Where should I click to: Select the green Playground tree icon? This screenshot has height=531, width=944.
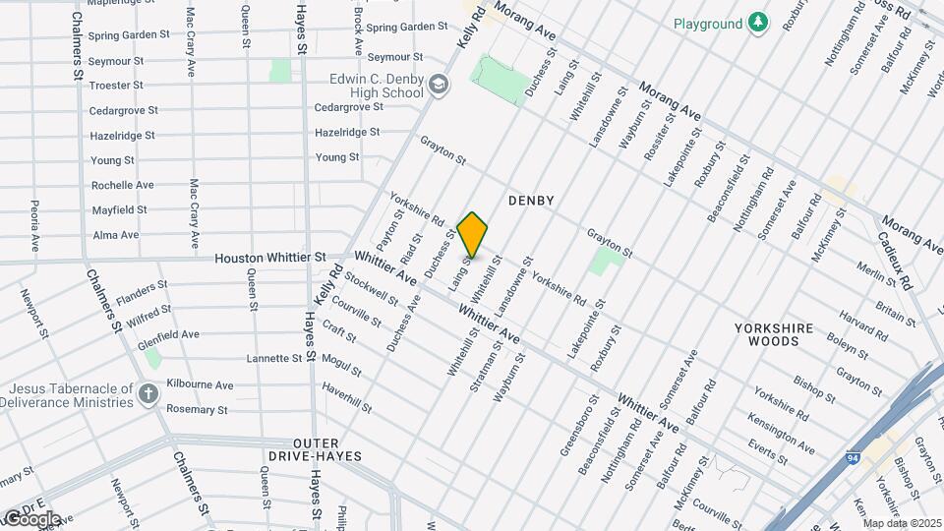tap(757, 23)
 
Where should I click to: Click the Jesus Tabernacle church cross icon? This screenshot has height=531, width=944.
tap(148, 395)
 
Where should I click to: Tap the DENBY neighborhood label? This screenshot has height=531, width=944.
tap(531, 201)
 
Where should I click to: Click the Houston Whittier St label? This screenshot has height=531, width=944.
tap(270, 258)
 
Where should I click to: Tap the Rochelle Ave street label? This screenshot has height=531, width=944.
tap(122, 185)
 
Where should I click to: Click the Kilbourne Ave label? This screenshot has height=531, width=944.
tap(200, 385)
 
